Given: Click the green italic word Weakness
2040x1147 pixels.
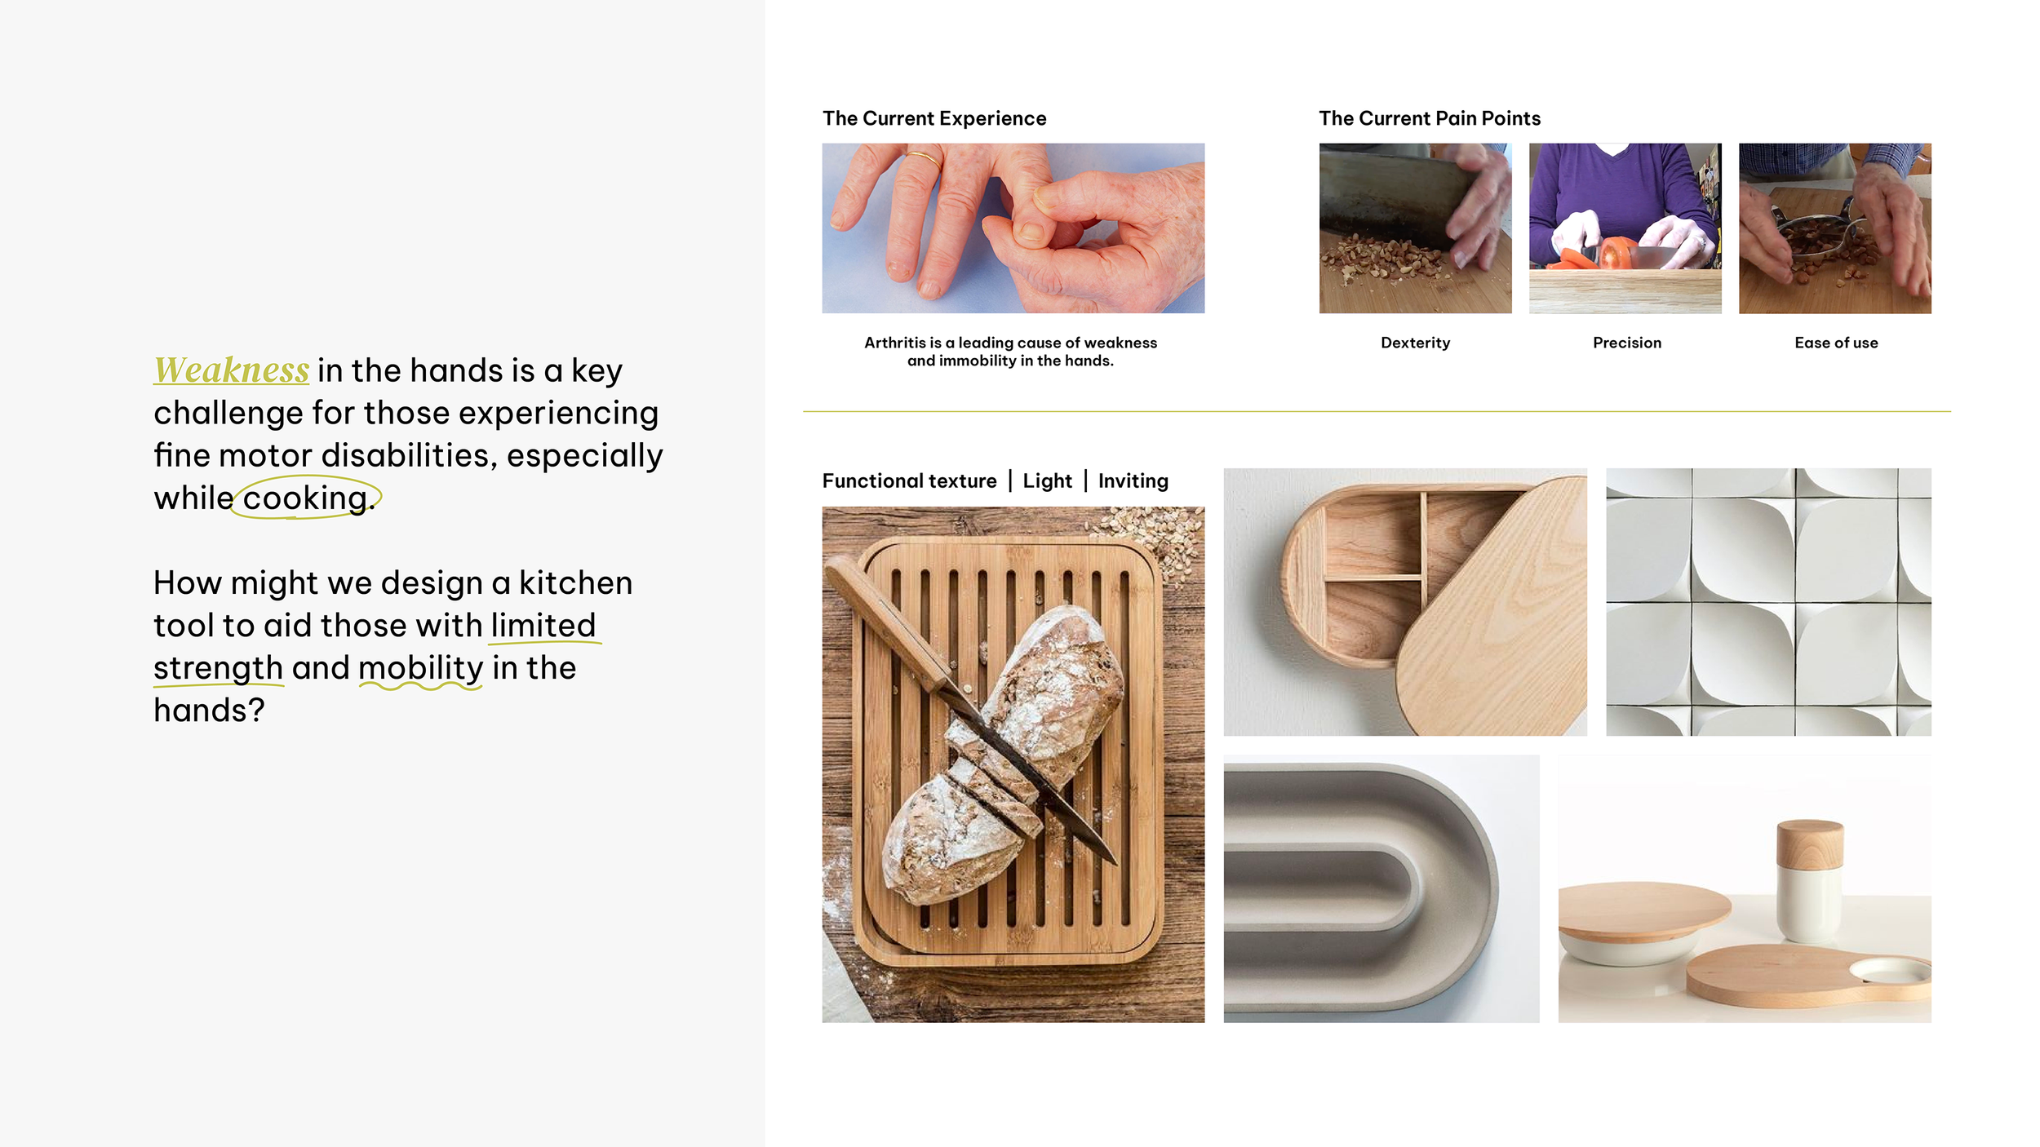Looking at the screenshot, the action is pyautogui.click(x=232, y=370).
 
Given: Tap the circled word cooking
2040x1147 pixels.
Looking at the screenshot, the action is pyautogui.click(x=305, y=498).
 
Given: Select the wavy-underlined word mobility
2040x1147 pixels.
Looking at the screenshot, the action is pyautogui.click(x=421, y=668).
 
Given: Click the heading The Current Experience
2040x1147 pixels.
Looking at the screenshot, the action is pyautogui.click(x=934, y=118).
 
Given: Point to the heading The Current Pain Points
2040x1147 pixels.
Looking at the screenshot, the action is pyautogui.click(x=1430, y=118).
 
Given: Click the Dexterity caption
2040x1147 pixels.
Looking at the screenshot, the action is pyautogui.click(x=1415, y=343).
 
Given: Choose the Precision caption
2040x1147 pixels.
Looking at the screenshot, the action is pyautogui.click(x=1626, y=343).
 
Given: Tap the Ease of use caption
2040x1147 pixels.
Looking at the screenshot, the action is pyautogui.click(x=1836, y=343).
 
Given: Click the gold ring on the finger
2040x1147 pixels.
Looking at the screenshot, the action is pyautogui.click(x=924, y=158).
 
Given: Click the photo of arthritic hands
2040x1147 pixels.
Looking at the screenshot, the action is pyautogui.click(x=1013, y=228).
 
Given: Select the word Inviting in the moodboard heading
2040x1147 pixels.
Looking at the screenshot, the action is pyautogui.click(x=1133, y=480).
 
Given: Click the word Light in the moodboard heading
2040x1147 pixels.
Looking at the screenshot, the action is pyautogui.click(x=1047, y=480).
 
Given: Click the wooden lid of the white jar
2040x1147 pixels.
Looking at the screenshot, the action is pyautogui.click(x=1809, y=844).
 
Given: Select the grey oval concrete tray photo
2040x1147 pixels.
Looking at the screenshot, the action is pyautogui.click(x=1381, y=888).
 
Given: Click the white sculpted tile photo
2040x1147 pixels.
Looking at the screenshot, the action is pyautogui.click(x=1768, y=602).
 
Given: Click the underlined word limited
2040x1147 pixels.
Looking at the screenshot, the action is pyautogui.click(x=543, y=626).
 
